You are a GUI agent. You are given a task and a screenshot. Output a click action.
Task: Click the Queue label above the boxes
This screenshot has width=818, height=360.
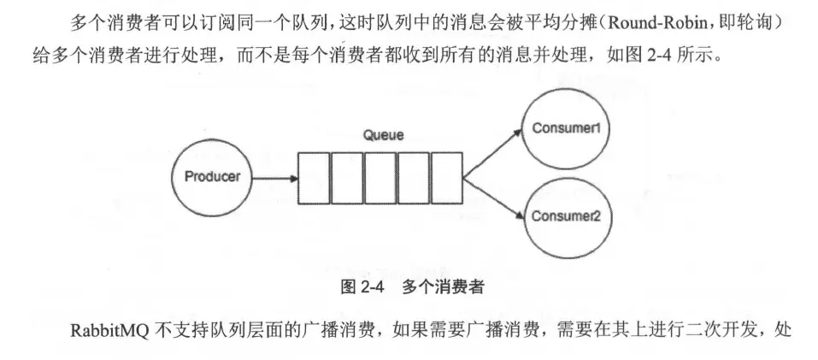(381, 136)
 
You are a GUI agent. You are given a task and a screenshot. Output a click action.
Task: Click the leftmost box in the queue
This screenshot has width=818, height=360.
(313, 178)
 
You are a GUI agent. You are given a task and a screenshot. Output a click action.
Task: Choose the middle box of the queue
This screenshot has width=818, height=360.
(380, 178)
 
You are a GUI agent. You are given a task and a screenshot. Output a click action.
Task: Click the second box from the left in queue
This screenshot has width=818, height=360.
(346, 178)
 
